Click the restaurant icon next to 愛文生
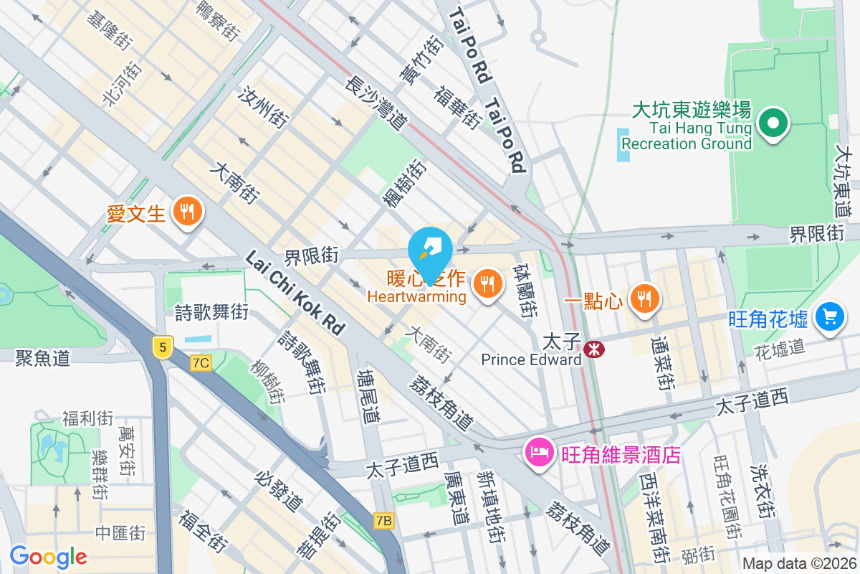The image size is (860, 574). click(188, 212)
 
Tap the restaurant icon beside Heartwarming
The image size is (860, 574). click(488, 283)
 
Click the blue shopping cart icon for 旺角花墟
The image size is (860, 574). click(830, 316)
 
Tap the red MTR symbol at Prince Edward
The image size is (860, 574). click(593, 349)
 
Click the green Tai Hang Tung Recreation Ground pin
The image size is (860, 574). click(773, 123)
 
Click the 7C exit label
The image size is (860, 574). click(201, 363)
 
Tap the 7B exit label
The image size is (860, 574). click(384, 520)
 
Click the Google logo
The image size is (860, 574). click(48, 556)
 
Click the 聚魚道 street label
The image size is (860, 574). click(43, 357)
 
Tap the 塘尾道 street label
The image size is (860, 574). click(369, 397)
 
